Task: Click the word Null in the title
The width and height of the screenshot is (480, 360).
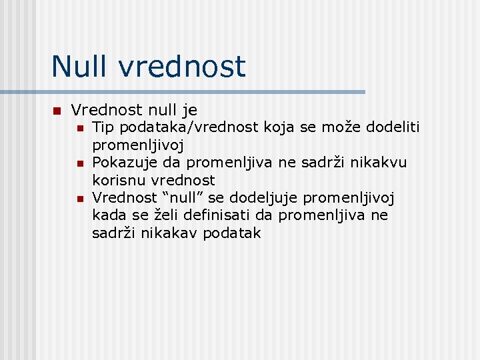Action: (76, 67)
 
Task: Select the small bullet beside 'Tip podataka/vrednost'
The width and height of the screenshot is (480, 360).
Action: (79, 127)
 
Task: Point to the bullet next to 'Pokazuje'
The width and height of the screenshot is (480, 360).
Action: (79, 163)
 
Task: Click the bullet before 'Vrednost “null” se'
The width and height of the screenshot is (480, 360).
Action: (79, 199)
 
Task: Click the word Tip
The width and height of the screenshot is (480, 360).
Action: (103, 127)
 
